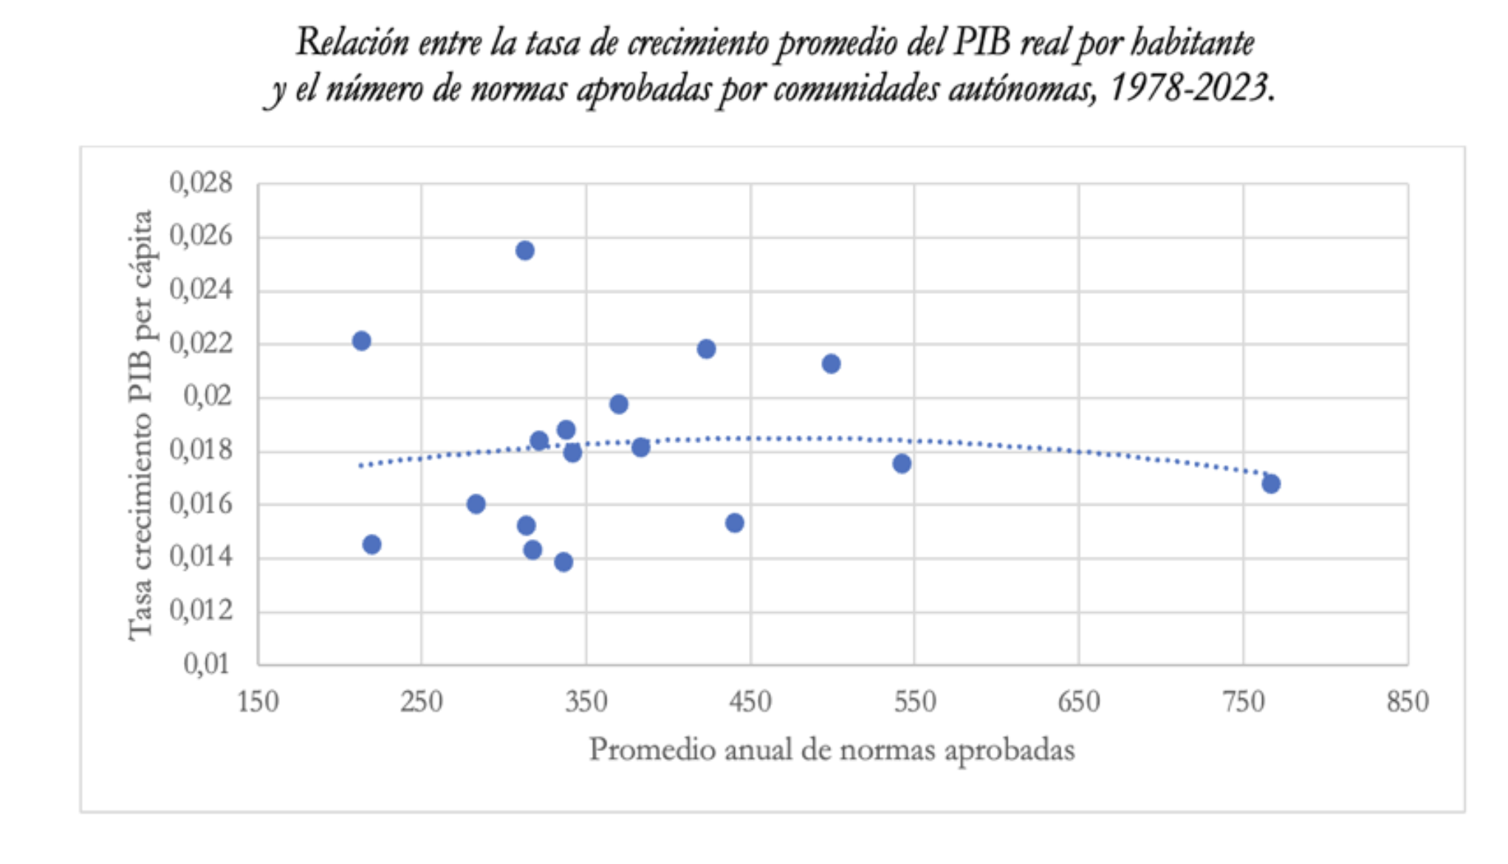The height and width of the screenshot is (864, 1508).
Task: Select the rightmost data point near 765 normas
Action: (1270, 484)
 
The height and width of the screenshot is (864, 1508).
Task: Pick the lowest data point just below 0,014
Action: (563, 562)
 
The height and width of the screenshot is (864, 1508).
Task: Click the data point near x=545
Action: (901, 464)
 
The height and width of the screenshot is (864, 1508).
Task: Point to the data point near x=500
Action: (831, 363)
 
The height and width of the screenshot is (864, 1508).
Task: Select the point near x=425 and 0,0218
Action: (706, 349)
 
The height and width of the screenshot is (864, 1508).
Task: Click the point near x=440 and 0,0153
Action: (734, 523)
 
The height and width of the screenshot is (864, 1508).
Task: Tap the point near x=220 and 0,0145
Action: (371, 544)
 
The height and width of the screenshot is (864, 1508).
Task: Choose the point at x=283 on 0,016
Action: (476, 504)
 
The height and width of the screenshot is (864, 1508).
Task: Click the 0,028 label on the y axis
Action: (201, 182)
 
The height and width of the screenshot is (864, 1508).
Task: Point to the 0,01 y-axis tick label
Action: (207, 664)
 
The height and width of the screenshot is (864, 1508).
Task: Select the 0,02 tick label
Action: (208, 397)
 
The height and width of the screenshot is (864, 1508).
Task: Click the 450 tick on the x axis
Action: (750, 701)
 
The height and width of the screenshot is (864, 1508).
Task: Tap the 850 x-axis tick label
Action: (1408, 701)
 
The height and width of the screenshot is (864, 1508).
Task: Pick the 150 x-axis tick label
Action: (258, 701)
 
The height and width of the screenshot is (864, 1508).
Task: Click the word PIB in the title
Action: (981, 43)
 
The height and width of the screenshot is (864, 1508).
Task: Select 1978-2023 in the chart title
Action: (1189, 89)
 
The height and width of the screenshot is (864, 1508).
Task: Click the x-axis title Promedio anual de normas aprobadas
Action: (832, 750)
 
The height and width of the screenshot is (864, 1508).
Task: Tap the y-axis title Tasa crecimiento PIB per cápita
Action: (141, 425)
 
